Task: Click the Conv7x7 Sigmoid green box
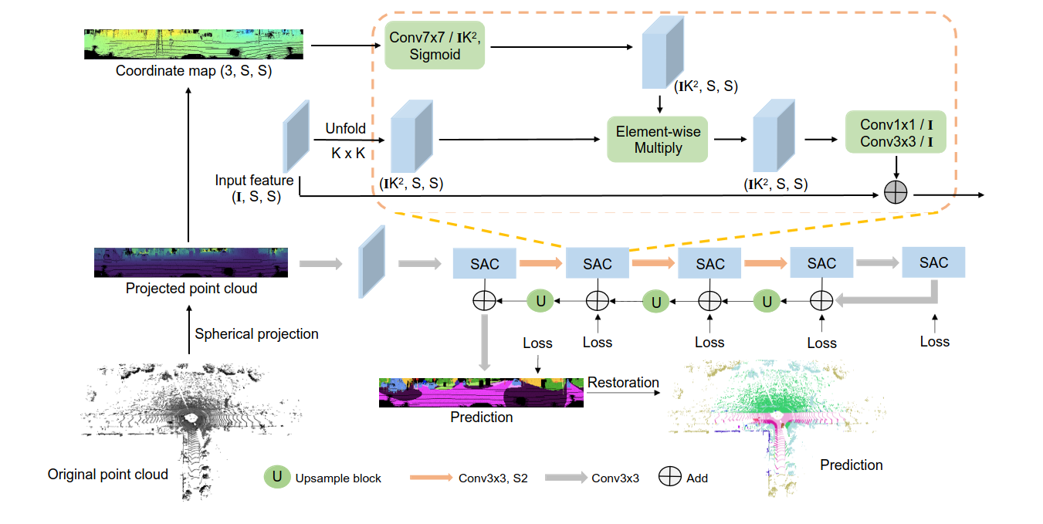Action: pyautogui.click(x=434, y=46)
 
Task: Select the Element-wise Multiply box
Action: pyautogui.click(x=658, y=140)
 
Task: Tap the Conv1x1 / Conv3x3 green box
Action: pyautogui.click(x=896, y=133)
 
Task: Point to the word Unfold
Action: pyautogui.click(x=345, y=129)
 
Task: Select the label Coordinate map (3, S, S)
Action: pyautogui.click(x=193, y=71)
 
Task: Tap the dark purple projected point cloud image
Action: pyautogui.click(x=191, y=262)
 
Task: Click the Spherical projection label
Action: pyautogui.click(x=256, y=334)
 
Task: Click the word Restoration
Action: pyautogui.click(x=623, y=383)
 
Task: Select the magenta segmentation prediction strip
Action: pyautogui.click(x=481, y=393)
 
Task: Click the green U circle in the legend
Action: pyautogui.click(x=277, y=477)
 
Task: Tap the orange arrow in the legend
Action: pyautogui.click(x=429, y=478)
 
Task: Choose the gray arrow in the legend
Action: pyautogui.click(x=565, y=478)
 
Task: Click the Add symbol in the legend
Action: pyautogui.click(x=669, y=478)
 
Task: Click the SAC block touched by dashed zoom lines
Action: pyautogui.click(x=598, y=264)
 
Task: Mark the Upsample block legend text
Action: pyautogui.click(x=338, y=478)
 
